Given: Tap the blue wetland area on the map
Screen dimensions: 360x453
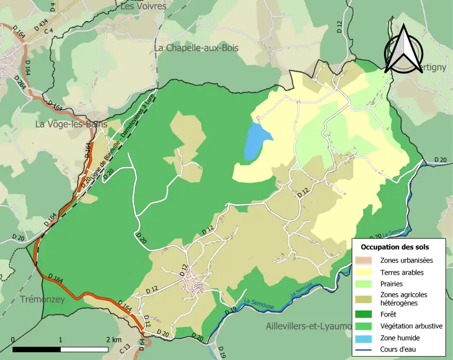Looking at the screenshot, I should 255,141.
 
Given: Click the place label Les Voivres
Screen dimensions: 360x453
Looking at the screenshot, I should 143,6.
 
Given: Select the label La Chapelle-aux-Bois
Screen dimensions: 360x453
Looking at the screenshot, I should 196,48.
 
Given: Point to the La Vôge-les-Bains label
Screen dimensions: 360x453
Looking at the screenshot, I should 71,124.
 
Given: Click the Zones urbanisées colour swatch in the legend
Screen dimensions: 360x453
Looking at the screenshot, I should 368,260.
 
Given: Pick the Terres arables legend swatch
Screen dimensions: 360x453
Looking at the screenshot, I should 368,272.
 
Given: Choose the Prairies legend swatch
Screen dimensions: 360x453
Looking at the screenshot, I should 368,285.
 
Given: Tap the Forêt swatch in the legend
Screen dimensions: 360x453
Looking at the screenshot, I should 368,314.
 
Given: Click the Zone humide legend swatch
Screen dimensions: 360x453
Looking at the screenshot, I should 368,338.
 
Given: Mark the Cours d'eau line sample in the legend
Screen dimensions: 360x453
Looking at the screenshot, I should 368,350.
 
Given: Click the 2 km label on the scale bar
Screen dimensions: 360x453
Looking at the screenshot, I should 114,340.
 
